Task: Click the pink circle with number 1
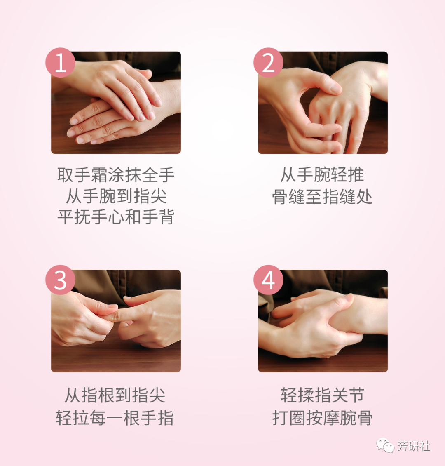pos(60,63)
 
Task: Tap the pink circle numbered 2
pos(268,63)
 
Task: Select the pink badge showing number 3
pos(60,280)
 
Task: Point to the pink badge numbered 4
pos(268,280)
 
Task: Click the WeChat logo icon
pos(385,445)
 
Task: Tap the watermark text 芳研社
pos(414,446)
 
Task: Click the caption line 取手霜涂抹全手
pos(116,175)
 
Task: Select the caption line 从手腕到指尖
pos(116,196)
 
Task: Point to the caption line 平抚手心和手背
pos(116,217)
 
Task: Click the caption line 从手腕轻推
pos(322,175)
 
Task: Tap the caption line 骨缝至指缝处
pos(322,196)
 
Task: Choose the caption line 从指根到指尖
pos(115,395)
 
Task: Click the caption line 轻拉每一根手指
pos(115,418)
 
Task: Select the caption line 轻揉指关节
pos(322,395)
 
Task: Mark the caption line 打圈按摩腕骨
pos(322,418)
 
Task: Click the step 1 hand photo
pos(116,103)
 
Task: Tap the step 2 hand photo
pos(323,103)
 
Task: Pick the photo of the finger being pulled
pos(116,321)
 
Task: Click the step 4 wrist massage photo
pos(323,321)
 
